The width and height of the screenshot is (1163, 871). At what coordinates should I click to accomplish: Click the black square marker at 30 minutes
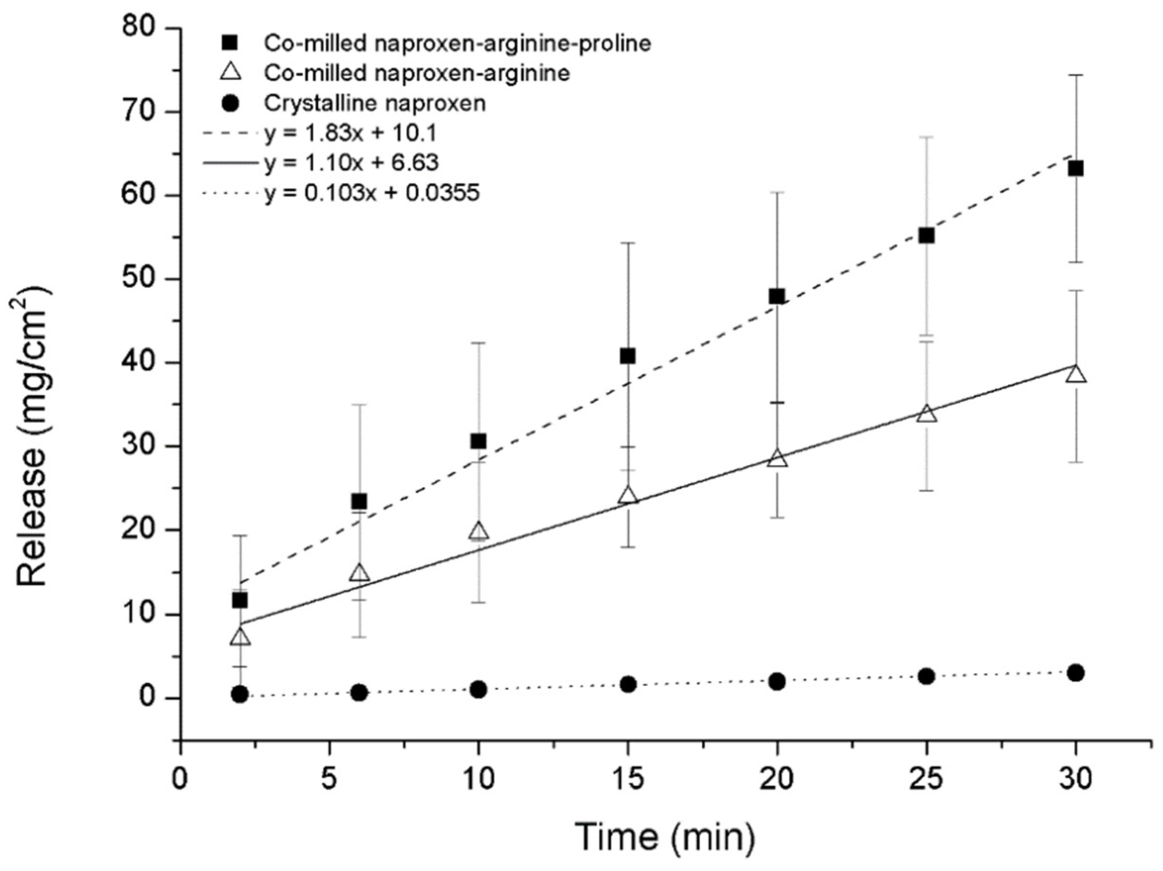tap(1076, 169)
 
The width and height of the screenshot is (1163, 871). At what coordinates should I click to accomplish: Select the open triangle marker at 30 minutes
tap(1076, 374)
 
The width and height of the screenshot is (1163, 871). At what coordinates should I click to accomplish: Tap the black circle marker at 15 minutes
tap(628, 684)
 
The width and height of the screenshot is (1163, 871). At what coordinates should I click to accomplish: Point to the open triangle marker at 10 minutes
tap(479, 532)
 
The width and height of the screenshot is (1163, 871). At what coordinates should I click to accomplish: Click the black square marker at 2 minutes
tap(240, 600)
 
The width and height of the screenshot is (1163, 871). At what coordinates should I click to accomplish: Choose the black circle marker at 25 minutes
tap(927, 676)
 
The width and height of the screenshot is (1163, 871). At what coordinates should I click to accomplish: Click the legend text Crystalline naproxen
tap(375, 104)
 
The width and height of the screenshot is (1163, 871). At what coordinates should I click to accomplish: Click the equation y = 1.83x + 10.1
tap(350, 134)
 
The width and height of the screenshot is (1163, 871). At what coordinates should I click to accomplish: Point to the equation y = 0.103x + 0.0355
tap(372, 194)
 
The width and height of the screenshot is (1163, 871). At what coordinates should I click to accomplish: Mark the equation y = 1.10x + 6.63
tap(351, 163)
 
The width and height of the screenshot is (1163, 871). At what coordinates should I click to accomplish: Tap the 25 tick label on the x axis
tap(927, 779)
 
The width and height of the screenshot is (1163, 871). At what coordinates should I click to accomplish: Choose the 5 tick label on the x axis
tap(329, 779)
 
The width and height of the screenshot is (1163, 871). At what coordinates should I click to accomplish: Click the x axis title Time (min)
tap(665, 837)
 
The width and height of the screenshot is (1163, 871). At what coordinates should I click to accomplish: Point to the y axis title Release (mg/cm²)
tap(33, 436)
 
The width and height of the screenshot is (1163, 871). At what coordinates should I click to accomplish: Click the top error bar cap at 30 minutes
tap(1076, 75)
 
